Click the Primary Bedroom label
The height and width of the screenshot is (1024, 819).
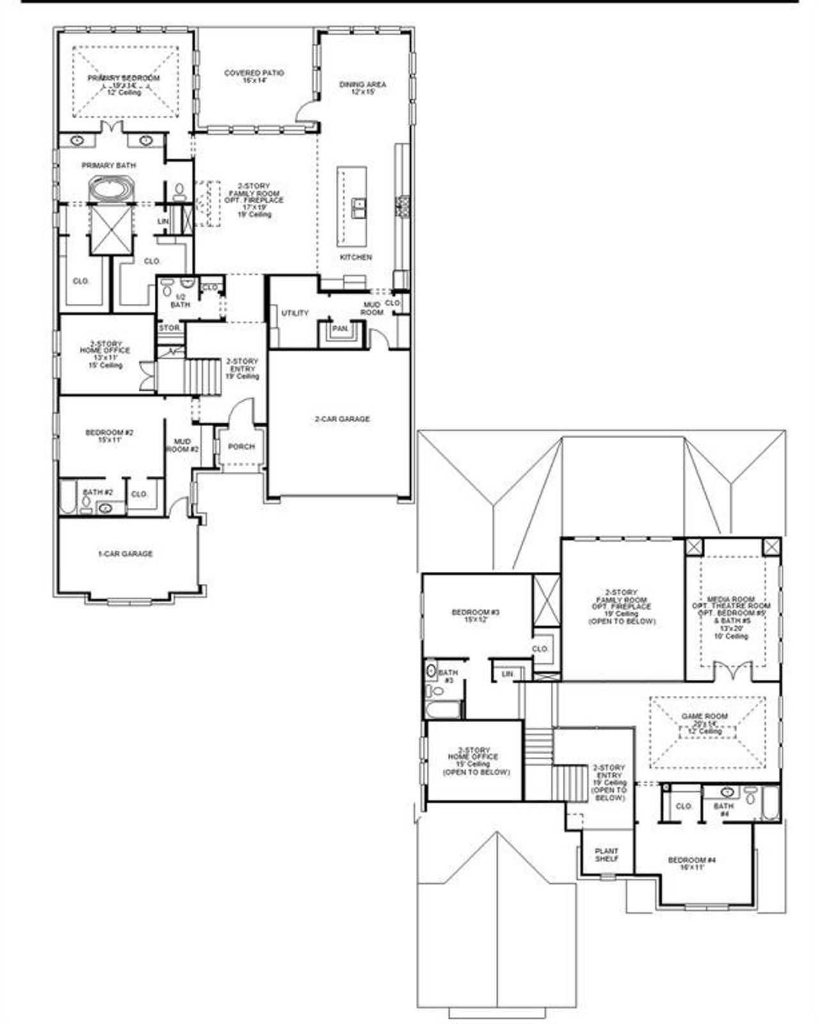pyautogui.click(x=123, y=78)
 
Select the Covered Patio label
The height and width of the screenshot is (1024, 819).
pyautogui.click(x=254, y=74)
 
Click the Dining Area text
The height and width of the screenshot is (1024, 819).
pyautogui.click(x=362, y=84)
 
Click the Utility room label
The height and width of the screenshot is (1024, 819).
pyautogui.click(x=295, y=313)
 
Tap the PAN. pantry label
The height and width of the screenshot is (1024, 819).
pyautogui.click(x=340, y=329)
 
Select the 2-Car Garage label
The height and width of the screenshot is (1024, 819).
pyautogui.click(x=342, y=419)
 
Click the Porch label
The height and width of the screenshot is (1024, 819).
pyautogui.click(x=241, y=446)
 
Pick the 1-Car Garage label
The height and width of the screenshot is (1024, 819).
pyautogui.click(x=125, y=554)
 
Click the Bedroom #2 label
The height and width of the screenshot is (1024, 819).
pyautogui.click(x=109, y=433)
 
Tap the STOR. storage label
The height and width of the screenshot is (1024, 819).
pyautogui.click(x=170, y=328)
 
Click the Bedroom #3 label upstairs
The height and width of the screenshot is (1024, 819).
pyautogui.click(x=475, y=613)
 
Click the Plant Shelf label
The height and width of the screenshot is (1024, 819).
pyautogui.click(x=606, y=855)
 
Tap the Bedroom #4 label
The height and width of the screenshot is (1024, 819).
pyautogui.click(x=692, y=860)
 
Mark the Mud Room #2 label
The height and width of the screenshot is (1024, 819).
pyautogui.click(x=182, y=446)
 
